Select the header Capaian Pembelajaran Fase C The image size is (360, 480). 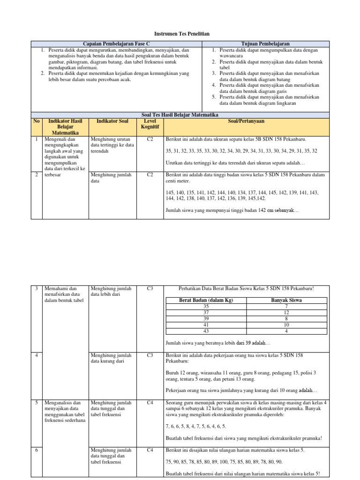(x=116, y=44)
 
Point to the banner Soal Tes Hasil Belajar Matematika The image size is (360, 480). (x=180, y=115)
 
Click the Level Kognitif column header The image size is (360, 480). (x=150, y=124)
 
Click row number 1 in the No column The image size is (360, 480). (x=36, y=139)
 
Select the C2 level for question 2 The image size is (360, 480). (x=150, y=175)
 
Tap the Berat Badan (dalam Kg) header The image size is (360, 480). (x=206, y=300)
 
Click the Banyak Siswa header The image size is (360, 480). (x=286, y=300)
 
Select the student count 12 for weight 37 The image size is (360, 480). (x=286, y=312)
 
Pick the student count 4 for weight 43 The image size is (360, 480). (x=286, y=330)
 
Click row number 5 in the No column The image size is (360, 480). (x=36, y=402)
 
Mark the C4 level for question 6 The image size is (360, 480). (x=150, y=450)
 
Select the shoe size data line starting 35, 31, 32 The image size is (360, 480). (x=241, y=151)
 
